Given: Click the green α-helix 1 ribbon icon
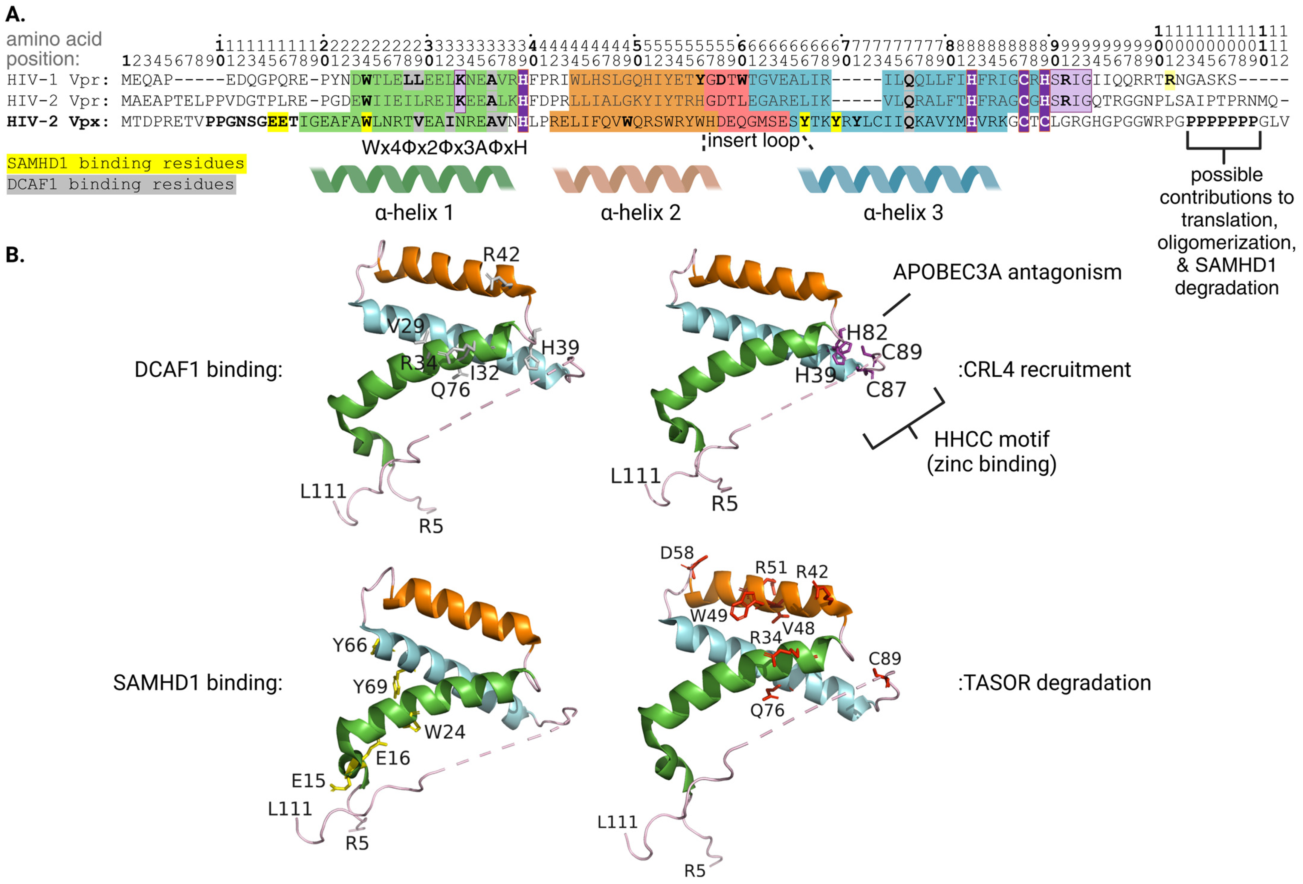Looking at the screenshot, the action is coord(412,179).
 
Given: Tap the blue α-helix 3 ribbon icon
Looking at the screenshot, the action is coord(899,179).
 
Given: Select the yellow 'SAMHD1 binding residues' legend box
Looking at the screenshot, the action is coord(126,164).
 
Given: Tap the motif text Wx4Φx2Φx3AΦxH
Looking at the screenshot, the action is coord(444,147).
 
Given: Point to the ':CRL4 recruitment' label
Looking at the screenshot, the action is coord(1044,370).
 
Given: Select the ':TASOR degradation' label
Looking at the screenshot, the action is coord(1054,683).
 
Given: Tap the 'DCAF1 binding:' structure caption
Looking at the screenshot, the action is coord(209,370).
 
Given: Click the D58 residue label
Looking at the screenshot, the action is coord(677,553).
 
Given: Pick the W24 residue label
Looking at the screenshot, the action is coord(444,732).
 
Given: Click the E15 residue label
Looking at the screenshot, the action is coord(308,781).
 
